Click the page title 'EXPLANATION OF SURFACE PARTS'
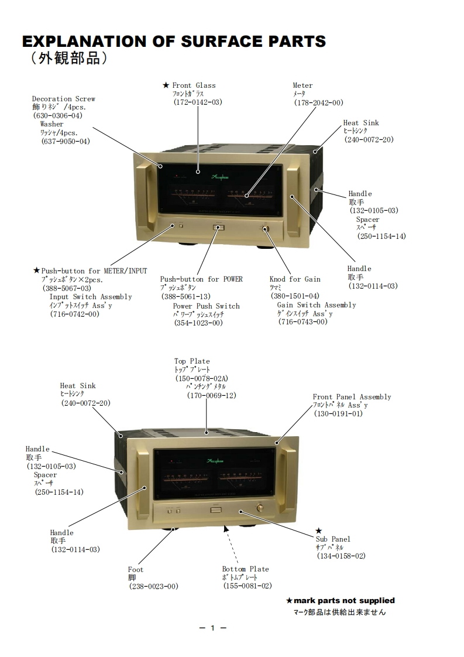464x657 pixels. (173, 42)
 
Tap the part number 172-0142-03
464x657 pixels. (198, 102)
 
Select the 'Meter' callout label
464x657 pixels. (303, 85)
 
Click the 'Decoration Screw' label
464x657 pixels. (63, 99)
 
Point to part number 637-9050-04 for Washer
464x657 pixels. (64, 141)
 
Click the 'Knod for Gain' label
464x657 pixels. (295, 279)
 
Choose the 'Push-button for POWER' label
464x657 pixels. (201, 279)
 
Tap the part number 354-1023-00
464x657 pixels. (198, 323)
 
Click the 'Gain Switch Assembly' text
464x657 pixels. (316, 305)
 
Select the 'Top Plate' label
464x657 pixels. (192, 361)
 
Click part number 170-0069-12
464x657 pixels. (211, 395)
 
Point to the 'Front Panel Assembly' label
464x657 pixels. (352, 397)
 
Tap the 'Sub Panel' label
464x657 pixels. (333, 539)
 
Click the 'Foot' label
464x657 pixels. (136, 569)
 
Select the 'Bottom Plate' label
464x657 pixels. (245, 569)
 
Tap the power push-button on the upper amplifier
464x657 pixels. (219, 227)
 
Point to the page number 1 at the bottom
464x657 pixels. (213, 628)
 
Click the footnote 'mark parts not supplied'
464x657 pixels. (344, 601)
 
